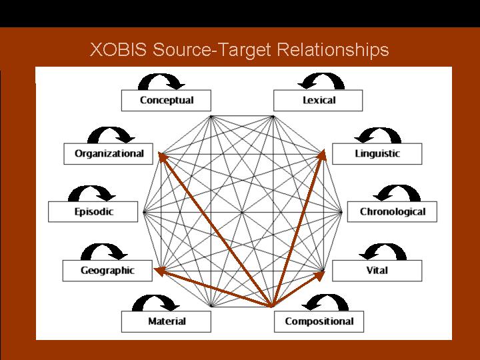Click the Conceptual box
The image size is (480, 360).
[166, 101]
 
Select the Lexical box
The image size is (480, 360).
[318, 101]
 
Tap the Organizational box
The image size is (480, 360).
[109, 153]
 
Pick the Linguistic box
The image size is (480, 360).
[377, 154]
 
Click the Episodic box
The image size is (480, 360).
[93, 212]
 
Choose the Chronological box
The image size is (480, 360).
[392, 212]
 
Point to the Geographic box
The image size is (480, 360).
[107, 271]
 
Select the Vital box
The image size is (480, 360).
[377, 271]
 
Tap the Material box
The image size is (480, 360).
[166, 321]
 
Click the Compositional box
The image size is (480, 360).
[319, 321]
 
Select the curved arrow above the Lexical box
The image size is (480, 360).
[321, 81]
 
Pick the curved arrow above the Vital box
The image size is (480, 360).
[382, 251]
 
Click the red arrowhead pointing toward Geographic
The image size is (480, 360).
[158, 270]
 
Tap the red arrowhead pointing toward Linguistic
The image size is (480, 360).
[323, 154]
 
